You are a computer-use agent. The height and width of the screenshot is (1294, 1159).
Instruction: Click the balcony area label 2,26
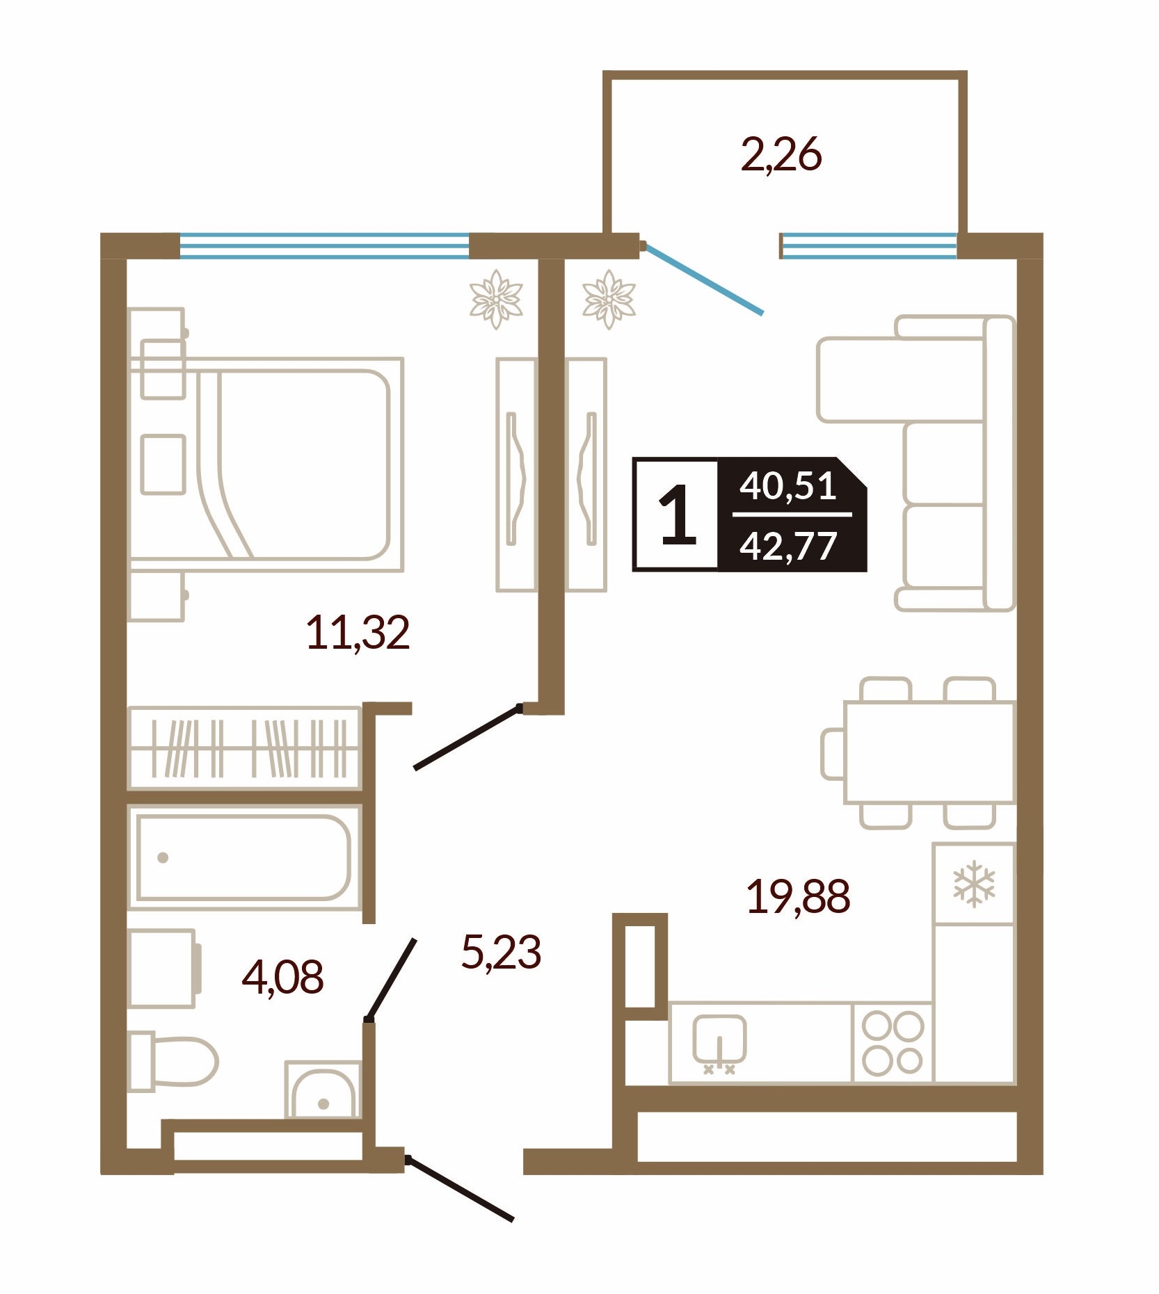[781, 155]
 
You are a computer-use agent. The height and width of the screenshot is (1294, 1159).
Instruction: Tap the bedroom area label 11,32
[358, 633]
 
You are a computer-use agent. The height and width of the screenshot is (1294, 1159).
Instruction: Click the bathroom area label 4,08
[282, 977]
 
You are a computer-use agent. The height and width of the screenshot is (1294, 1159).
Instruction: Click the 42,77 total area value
[788, 546]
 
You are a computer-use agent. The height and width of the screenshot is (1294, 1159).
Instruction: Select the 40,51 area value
[788, 485]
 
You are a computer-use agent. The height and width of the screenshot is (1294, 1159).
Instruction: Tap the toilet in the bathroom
[174, 1062]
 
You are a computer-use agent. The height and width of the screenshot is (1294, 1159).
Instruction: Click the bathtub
[243, 857]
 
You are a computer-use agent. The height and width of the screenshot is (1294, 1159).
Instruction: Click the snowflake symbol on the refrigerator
[974, 884]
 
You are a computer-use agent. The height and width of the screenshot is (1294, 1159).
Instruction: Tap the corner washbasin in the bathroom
[323, 1090]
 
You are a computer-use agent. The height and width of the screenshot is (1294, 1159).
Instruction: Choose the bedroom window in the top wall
[325, 245]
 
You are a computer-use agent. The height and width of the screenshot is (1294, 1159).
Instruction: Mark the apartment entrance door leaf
[460, 1188]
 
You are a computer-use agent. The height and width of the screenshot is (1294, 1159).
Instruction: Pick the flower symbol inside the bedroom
[496, 299]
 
